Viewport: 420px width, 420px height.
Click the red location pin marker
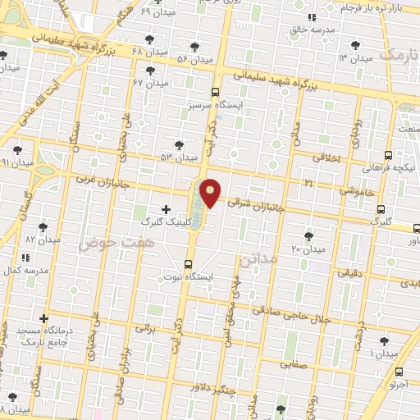(x=211, y=193)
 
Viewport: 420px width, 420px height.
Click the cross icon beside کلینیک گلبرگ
(x=167, y=210)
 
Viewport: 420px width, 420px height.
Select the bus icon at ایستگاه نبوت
(x=189, y=264)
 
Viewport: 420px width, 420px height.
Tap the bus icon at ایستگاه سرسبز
(x=215, y=92)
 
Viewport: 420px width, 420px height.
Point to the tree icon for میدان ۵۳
(x=180, y=145)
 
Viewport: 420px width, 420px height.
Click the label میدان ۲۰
(x=308, y=249)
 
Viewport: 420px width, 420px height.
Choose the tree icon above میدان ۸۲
(x=43, y=227)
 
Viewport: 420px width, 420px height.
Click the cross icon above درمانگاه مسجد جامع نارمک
(x=43, y=318)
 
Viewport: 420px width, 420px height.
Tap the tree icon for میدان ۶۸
(x=148, y=39)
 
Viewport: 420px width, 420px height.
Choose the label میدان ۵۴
(x=194, y=59)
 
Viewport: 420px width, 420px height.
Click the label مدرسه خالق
(x=311, y=30)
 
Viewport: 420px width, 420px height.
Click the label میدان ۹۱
(x=17, y=162)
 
